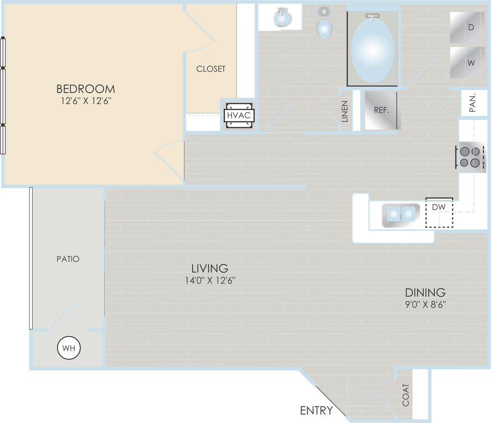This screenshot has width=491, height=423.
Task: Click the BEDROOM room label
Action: pos(86,89)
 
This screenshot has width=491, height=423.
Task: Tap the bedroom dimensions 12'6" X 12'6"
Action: pos(86,101)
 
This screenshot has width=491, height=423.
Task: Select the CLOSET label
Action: pos(211,69)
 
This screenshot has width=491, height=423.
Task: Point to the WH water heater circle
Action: pos(70,348)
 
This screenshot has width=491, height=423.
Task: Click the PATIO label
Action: pos(68,259)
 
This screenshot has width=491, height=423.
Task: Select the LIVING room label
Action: pos(210,268)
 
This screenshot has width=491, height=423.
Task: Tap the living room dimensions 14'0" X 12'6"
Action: pos(210,281)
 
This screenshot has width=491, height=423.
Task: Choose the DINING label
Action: pos(425,292)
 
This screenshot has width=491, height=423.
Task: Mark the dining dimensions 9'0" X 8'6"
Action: pos(425,304)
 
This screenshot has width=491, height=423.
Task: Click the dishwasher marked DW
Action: pos(439,215)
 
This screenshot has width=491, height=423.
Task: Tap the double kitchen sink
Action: pos(401,215)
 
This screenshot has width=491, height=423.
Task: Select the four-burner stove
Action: pos(470,157)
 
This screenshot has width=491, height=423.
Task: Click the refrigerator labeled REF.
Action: pos(381,110)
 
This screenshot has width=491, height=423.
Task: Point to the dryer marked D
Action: pos(467,28)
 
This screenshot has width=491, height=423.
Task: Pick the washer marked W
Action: pos(467,63)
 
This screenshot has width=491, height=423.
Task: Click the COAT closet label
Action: pos(405,395)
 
